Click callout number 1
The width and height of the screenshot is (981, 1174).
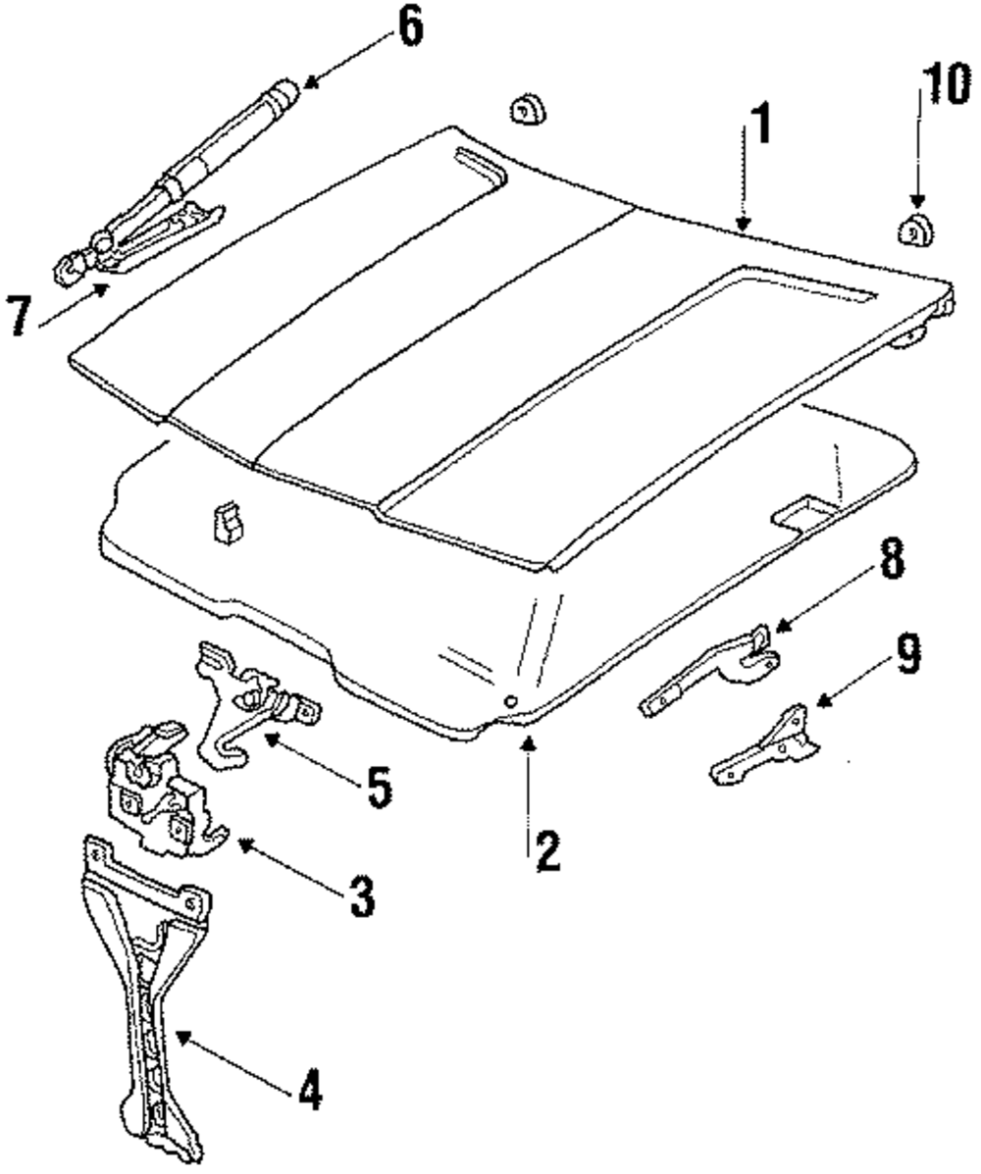760,125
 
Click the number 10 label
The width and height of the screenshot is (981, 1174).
939,86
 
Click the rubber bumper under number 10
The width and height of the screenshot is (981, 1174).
914,232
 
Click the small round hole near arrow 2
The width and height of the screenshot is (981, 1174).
510,700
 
